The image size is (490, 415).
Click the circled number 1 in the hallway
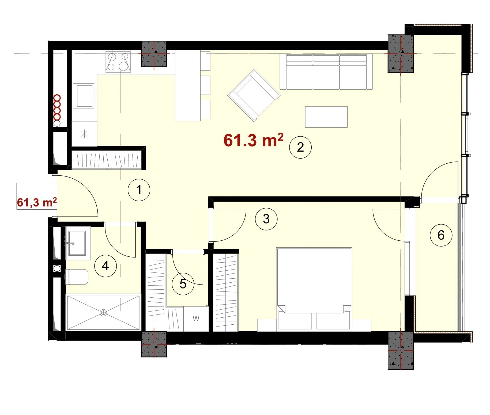139,190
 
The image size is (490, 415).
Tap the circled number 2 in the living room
300,147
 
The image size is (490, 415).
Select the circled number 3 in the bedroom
266,219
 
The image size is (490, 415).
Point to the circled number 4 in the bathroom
105,266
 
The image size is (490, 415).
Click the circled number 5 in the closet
183,284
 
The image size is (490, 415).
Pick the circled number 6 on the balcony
441,235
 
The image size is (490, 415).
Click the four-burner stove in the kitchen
118,61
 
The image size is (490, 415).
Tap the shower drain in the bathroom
103,312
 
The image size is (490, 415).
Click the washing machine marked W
196,319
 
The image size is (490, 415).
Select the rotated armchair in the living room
254,95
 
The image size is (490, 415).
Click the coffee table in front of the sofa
326,117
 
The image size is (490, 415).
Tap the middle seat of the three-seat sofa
326,72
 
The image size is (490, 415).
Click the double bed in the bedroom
314,289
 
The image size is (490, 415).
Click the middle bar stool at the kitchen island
205,85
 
